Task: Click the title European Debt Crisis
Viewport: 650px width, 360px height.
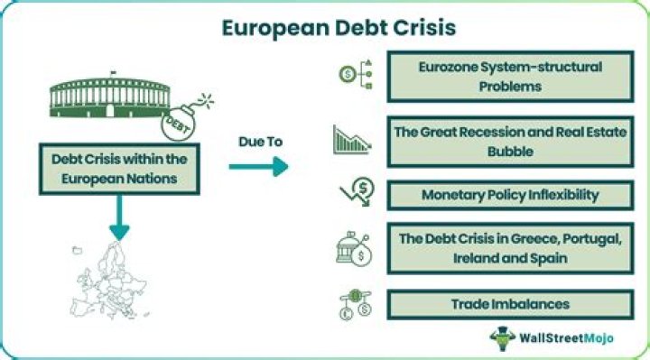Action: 339,28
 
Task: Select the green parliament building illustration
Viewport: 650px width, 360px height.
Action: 110,97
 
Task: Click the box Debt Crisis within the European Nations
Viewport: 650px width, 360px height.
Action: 119,169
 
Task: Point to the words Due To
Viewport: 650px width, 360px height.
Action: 260,142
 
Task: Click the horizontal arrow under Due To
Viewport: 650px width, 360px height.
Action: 259,167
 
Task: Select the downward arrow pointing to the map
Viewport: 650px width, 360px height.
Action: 119,217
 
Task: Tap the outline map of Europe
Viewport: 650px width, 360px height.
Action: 110,281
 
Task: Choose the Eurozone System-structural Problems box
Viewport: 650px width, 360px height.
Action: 510,77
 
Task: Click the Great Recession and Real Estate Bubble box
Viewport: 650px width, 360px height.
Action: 510,142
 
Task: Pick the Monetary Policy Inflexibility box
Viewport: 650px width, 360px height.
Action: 510,195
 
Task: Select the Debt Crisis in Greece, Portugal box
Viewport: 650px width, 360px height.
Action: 510,248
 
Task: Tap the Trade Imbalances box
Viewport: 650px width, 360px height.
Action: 510,304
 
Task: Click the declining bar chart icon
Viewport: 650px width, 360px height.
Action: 352,140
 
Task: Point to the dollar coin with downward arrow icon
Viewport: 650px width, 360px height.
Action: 357,192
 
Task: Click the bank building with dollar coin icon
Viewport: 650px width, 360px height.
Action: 354,248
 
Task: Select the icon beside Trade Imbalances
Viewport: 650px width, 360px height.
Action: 356,304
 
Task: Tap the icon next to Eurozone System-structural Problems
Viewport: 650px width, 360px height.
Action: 356,75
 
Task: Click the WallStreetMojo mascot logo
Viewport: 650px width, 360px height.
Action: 503,338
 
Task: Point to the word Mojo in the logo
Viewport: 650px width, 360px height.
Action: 599,338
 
